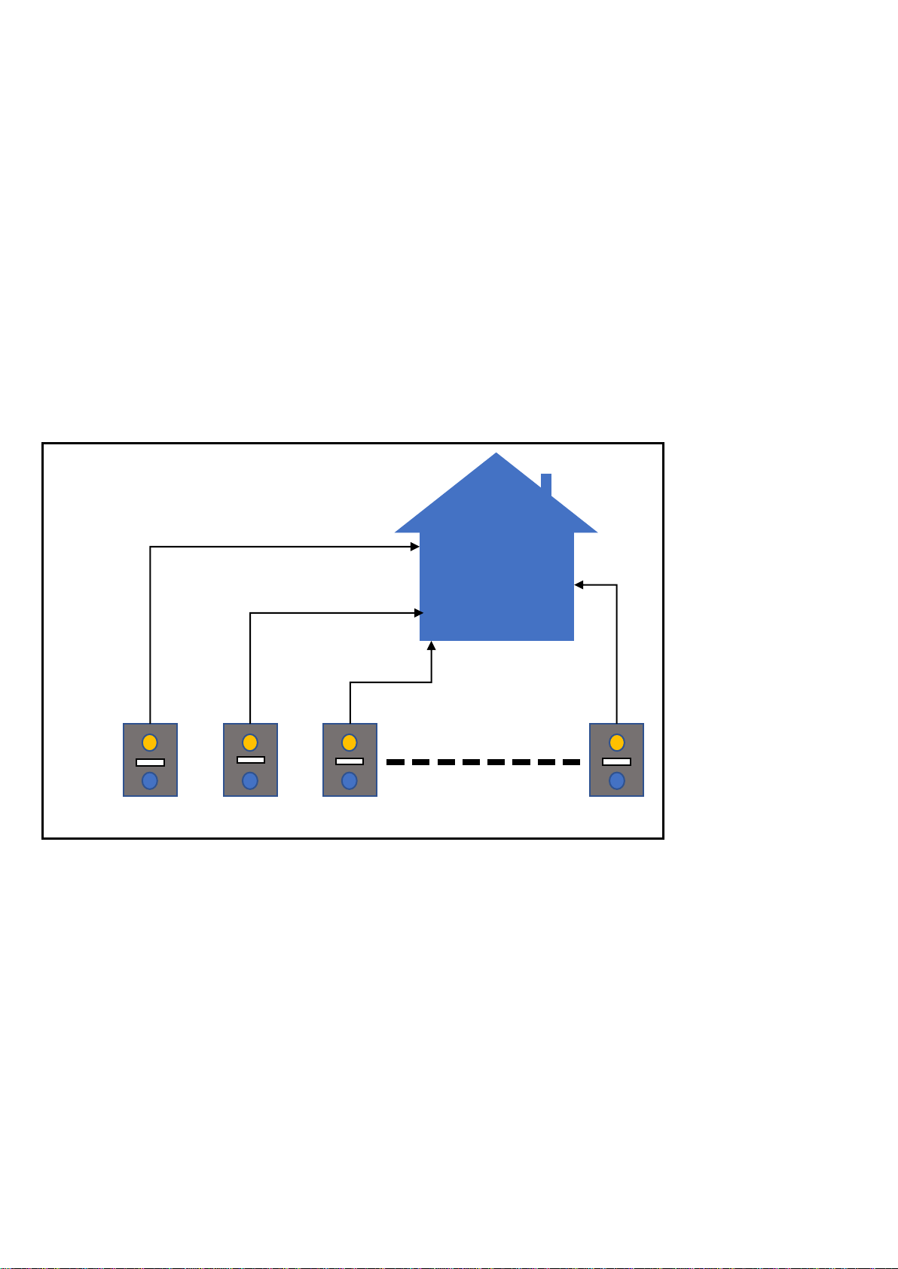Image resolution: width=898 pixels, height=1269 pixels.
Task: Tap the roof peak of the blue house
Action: pos(496,457)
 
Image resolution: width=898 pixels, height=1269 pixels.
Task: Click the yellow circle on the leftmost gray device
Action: pos(150,742)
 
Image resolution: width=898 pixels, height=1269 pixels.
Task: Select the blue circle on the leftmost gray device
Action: pos(150,780)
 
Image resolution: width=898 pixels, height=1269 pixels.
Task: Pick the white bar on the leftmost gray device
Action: pos(150,762)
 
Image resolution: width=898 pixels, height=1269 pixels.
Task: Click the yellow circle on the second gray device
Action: pos(250,742)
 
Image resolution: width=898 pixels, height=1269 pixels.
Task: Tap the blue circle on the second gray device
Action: pos(250,780)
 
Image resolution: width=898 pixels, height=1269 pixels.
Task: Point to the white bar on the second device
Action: pos(250,760)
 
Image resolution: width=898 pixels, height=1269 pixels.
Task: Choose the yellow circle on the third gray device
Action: pos(350,742)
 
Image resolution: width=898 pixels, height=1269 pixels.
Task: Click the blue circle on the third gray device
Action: pos(350,780)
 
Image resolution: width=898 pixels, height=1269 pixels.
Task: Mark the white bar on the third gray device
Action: pos(350,761)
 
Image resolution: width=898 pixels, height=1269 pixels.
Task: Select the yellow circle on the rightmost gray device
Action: pos(616,742)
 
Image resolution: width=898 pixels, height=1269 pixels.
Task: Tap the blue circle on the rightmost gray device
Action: pos(616,780)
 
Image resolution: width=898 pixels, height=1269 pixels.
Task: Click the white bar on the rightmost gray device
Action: pos(616,761)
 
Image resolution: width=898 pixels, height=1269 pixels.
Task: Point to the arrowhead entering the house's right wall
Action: pos(579,584)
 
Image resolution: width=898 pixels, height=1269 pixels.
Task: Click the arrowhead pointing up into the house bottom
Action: pos(432,645)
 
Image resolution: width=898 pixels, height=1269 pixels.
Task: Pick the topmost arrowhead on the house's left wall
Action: pos(415,547)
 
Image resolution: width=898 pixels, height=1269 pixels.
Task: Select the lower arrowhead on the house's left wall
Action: pos(419,613)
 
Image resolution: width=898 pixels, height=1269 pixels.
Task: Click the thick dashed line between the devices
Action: pos(483,762)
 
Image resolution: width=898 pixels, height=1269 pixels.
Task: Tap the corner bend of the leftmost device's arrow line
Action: pos(151,547)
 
